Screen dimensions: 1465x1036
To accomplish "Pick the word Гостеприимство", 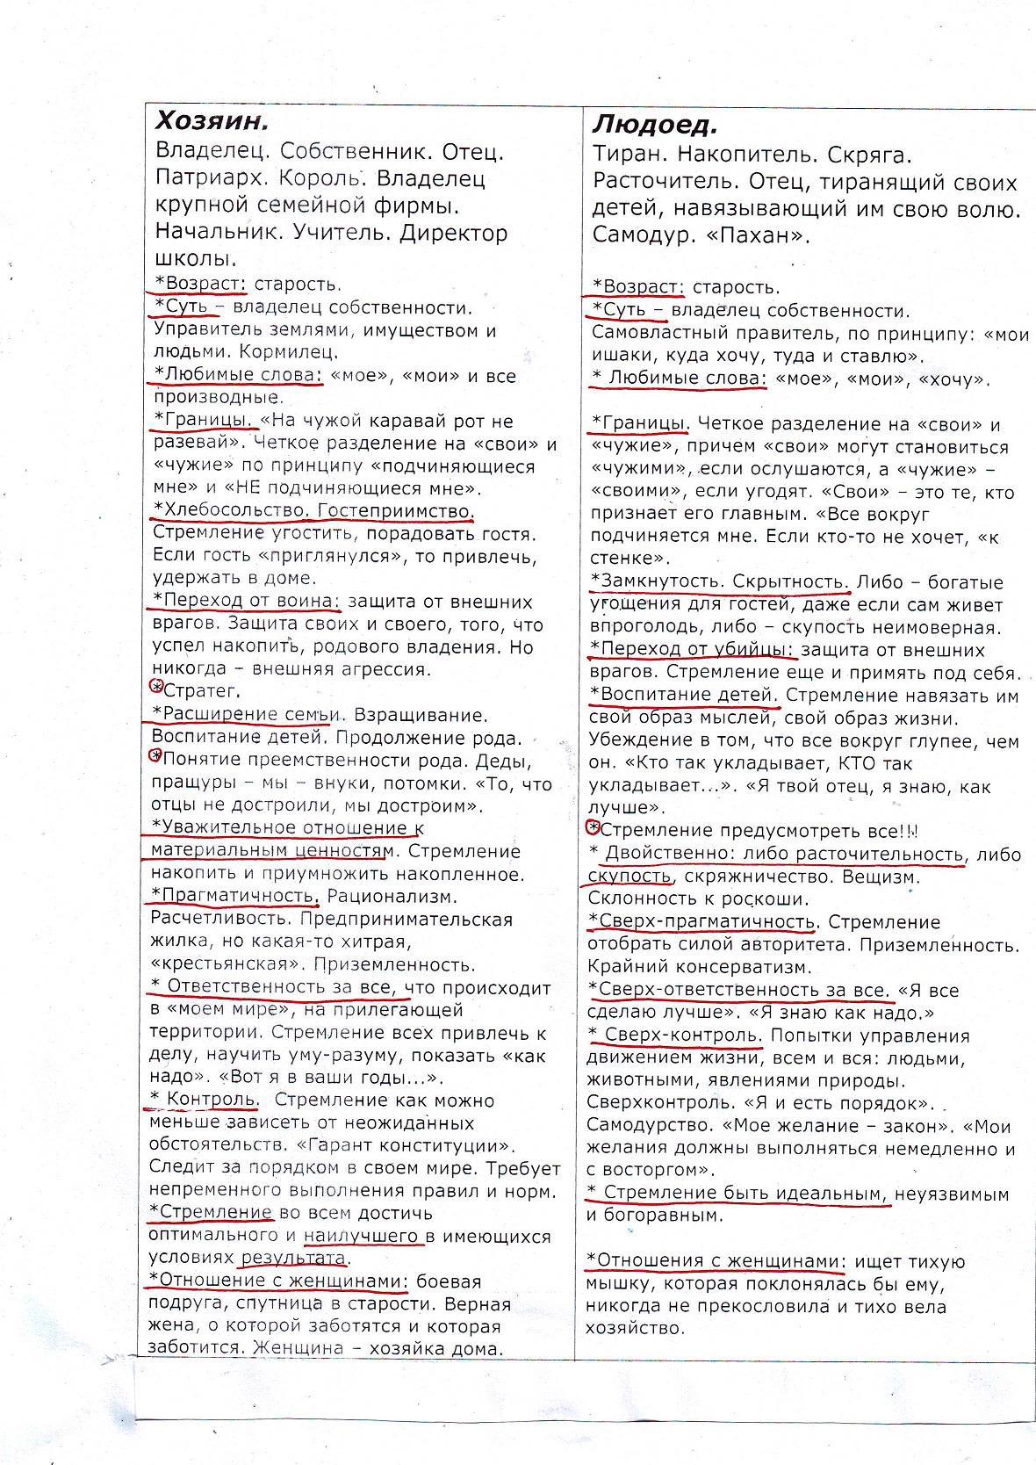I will [x=395, y=510].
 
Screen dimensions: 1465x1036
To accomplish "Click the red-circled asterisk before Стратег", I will [x=157, y=686].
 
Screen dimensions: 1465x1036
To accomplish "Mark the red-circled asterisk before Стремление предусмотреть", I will [x=593, y=827].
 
